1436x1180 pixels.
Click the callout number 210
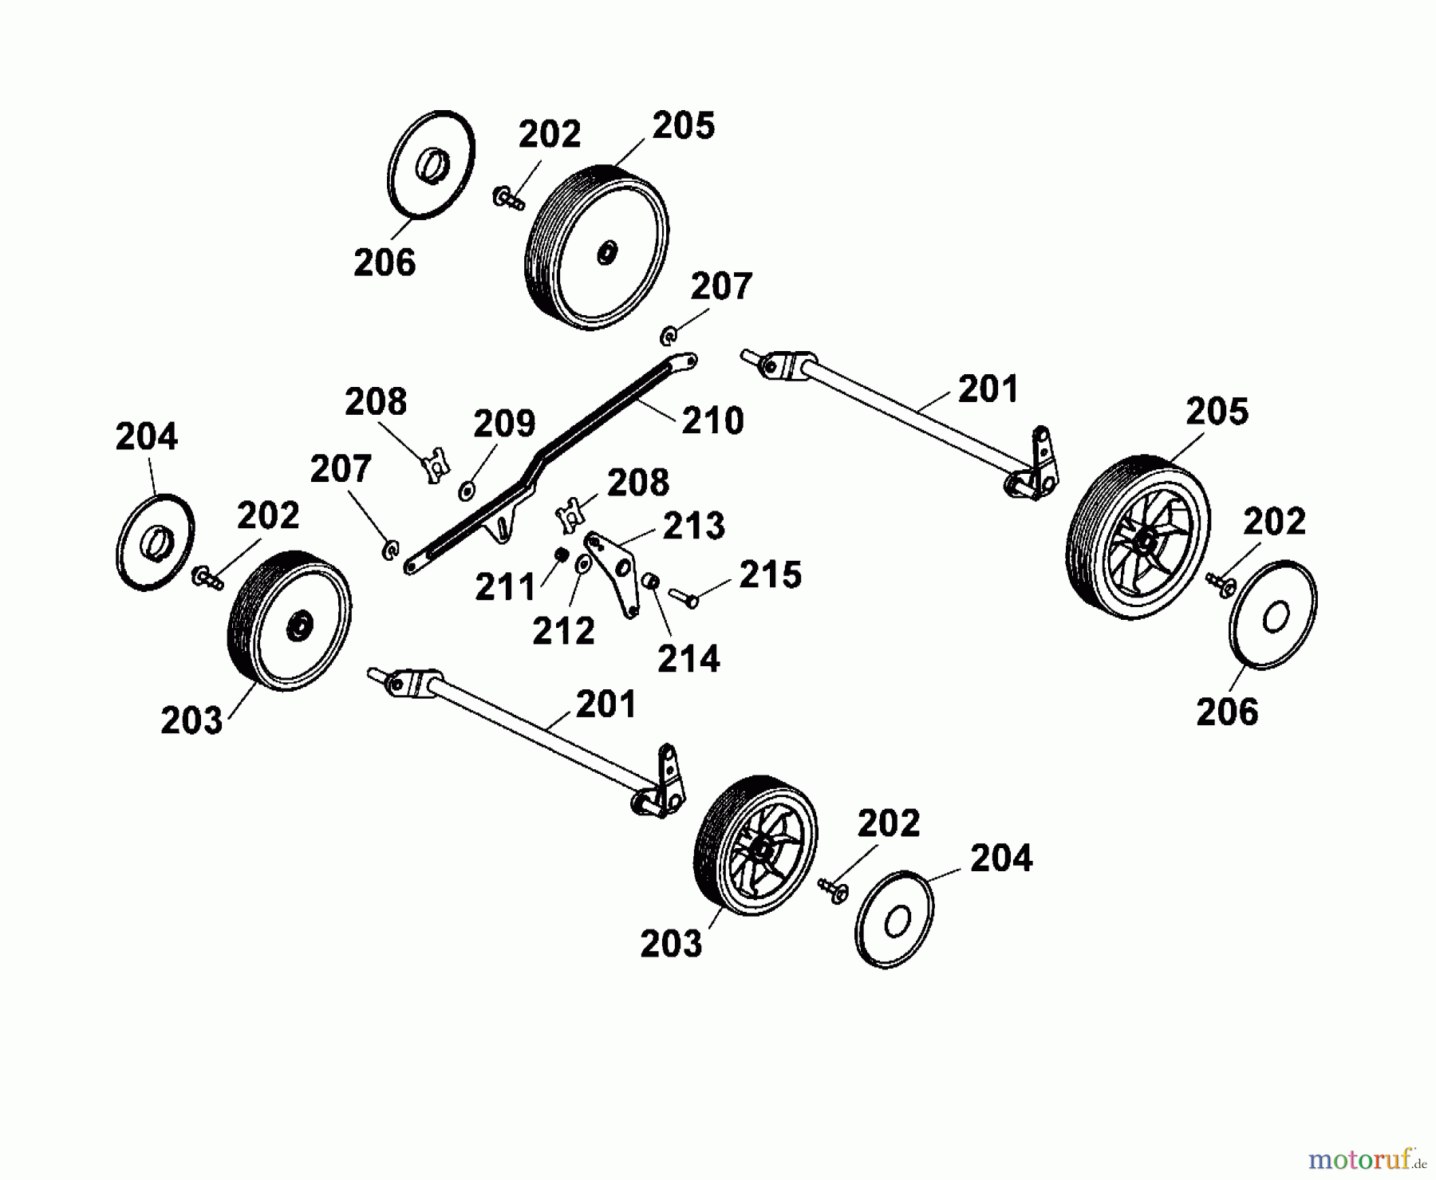[x=712, y=420]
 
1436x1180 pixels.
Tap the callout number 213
[x=694, y=526]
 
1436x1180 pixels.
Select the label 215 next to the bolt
[x=770, y=575]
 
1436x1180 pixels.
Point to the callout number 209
[x=504, y=424]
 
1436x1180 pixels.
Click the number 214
[x=688, y=659]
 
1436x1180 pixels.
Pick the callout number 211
[x=505, y=588]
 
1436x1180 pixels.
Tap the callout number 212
[x=563, y=631]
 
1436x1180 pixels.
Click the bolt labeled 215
[x=683, y=596]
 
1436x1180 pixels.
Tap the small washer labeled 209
[x=467, y=489]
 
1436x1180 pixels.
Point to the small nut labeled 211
[x=562, y=554]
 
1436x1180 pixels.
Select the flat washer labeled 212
[x=582, y=564]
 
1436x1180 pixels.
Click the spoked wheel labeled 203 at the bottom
[x=755, y=845]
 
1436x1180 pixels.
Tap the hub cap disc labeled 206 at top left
[x=431, y=164]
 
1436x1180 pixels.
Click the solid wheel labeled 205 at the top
[x=597, y=247]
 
